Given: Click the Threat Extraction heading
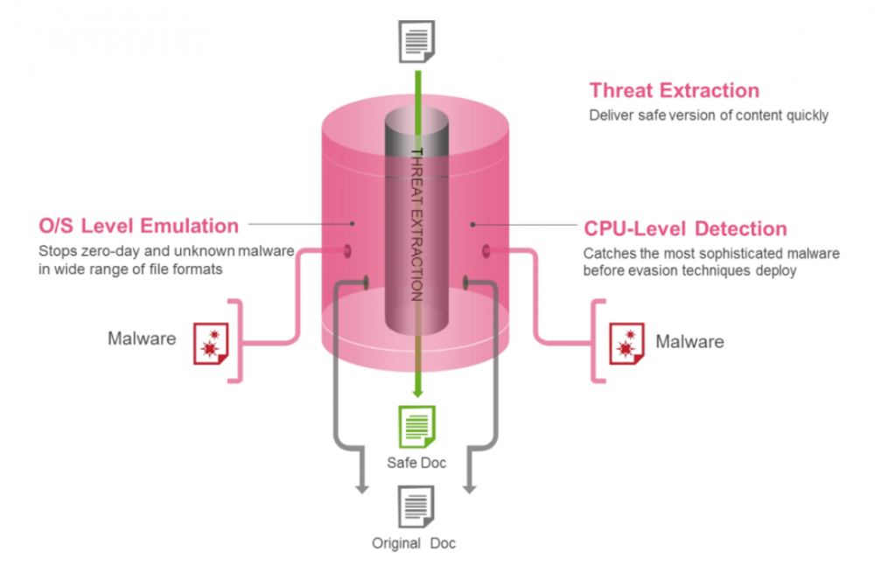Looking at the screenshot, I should tap(674, 90).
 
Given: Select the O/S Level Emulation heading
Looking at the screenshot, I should tap(138, 226).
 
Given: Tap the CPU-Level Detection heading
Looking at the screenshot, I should tap(685, 229).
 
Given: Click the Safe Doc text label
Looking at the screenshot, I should tap(416, 462).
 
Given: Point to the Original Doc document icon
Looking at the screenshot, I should tap(416, 507).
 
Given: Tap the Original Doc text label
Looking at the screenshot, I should tap(414, 543).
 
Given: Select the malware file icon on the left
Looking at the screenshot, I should tap(211, 342).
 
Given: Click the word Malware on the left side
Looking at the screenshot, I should tap(142, 339).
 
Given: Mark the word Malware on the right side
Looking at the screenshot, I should tap(689, 341).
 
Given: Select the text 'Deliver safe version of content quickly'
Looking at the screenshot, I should tap(709, 115).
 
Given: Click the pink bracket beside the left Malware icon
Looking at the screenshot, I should tap(234, 341).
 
